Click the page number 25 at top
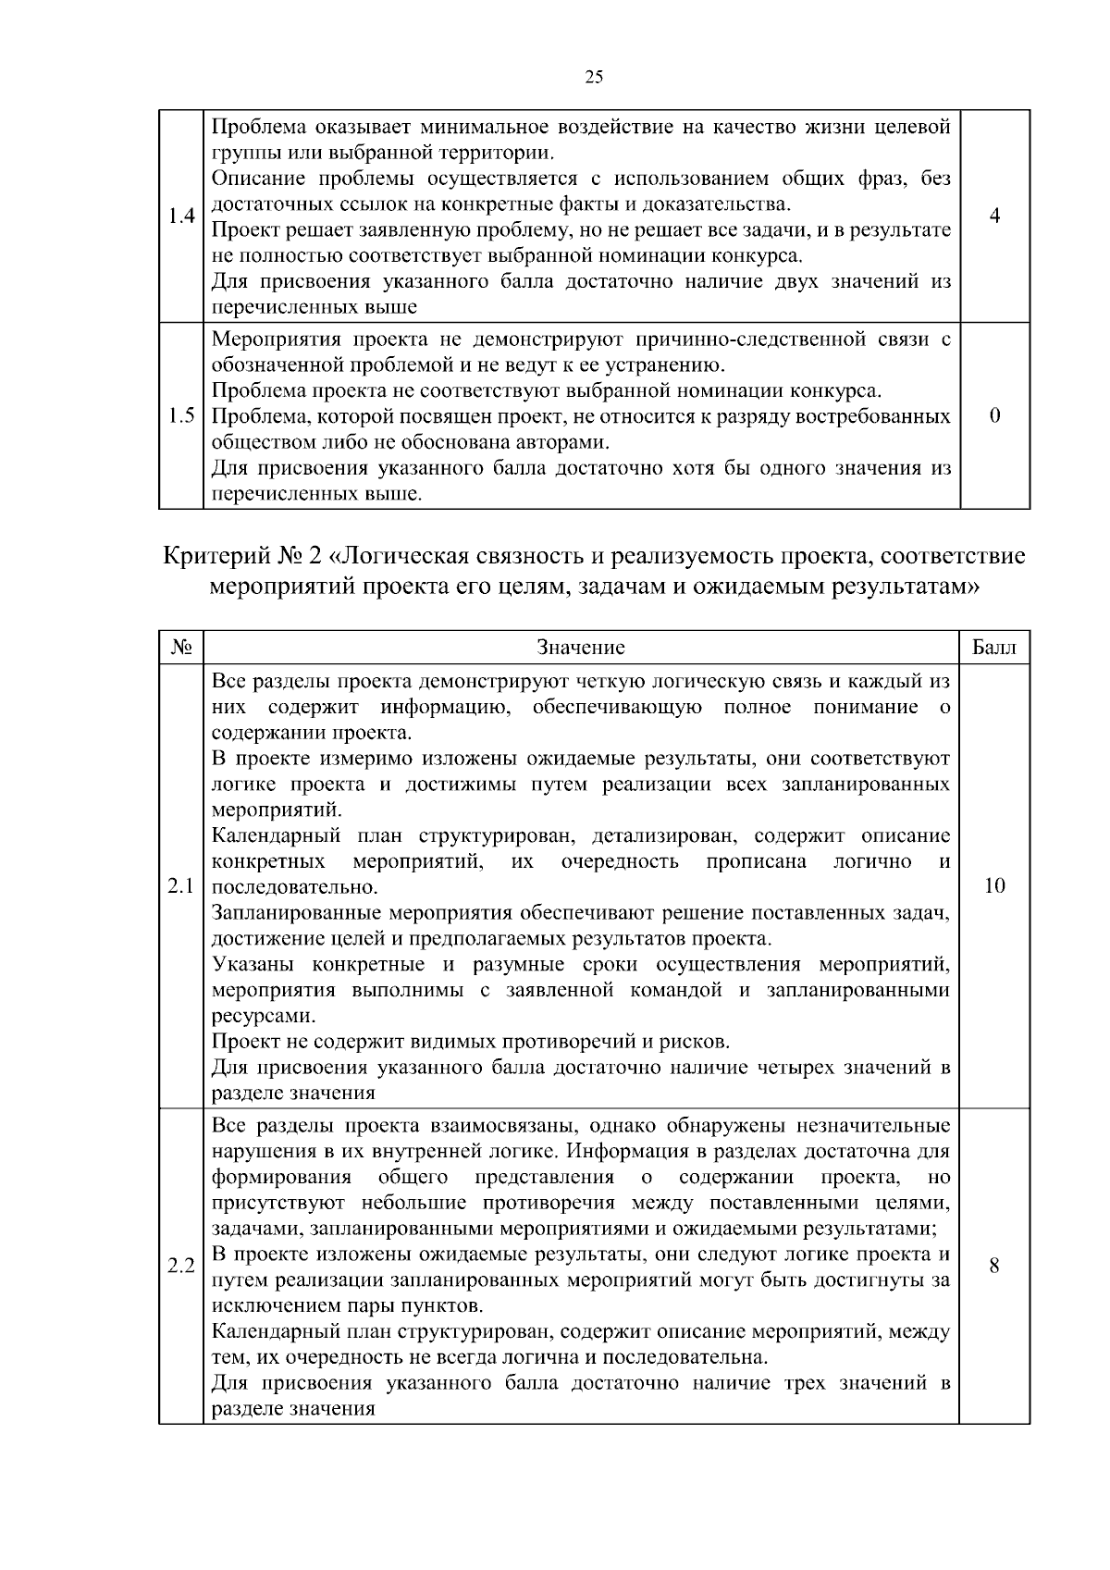[594, 78]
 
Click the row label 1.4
[181, 216]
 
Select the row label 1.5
[181, 416]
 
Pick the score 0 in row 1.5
[994, 416]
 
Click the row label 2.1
[181, 886]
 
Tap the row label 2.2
[181, 1266]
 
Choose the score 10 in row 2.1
[994, 886]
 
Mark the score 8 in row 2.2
[994, 1266]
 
